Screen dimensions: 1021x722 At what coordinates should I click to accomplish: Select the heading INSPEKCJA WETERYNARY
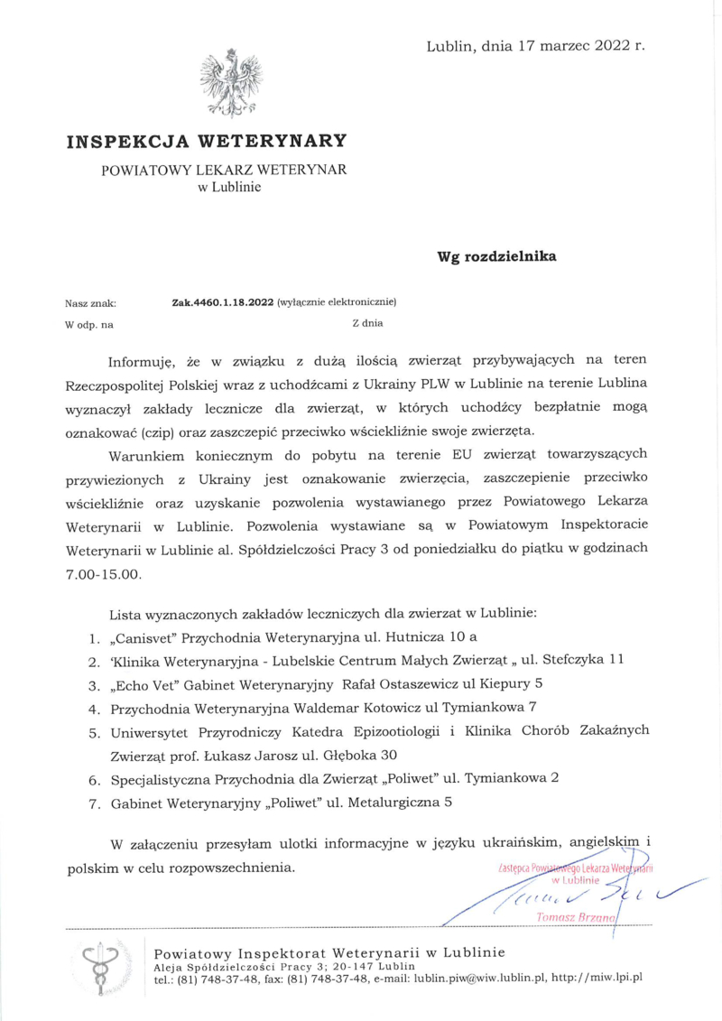206,141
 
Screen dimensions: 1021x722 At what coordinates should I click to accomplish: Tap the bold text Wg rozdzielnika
496,255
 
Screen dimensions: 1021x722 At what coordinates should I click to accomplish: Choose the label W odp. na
89,322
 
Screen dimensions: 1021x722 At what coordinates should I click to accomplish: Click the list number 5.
93,731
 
